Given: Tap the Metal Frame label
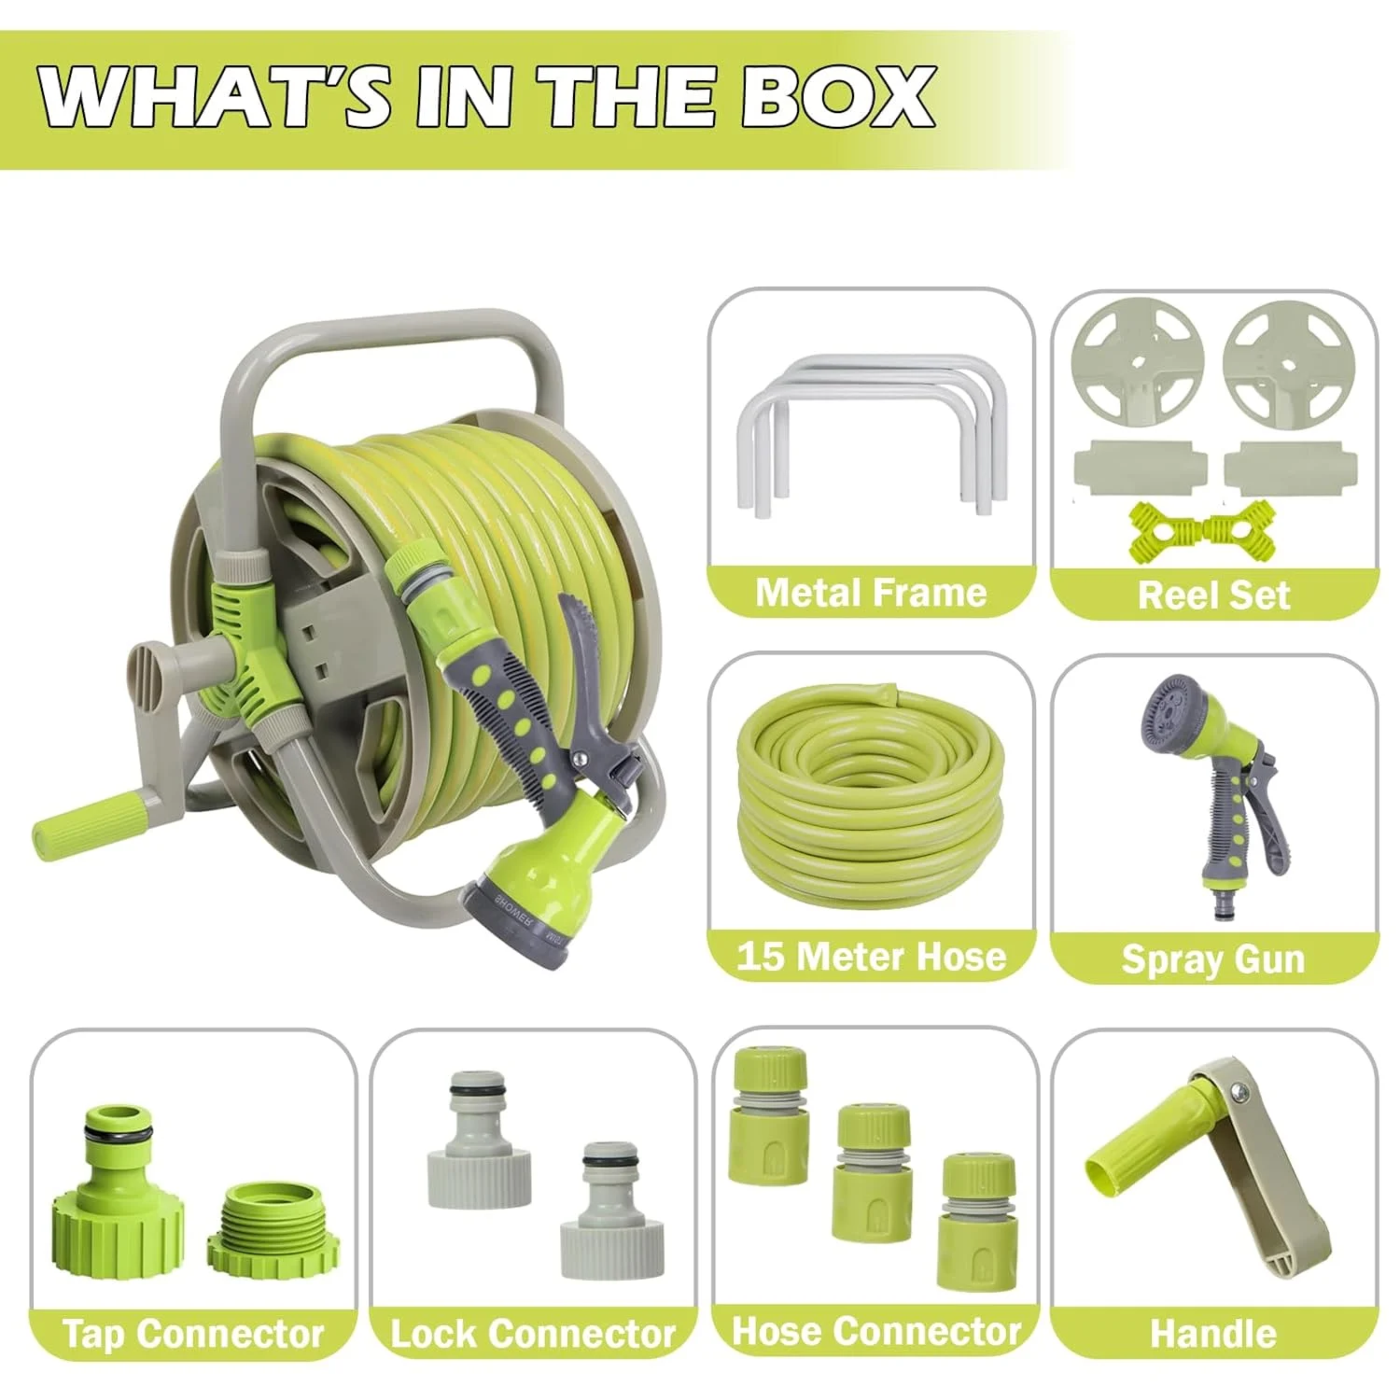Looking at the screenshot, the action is click(871, 593).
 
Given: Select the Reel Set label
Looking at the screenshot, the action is click(1213, 595).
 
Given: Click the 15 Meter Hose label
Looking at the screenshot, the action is click(871, 957).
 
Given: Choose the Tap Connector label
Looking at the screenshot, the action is click(193, 1334).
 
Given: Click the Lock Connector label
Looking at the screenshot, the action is click(533, 1334).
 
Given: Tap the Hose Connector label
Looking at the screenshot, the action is click(876, 1332).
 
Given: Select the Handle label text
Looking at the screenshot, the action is click(1213, 1334).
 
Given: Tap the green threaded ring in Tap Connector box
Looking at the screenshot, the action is click(273, 1231).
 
